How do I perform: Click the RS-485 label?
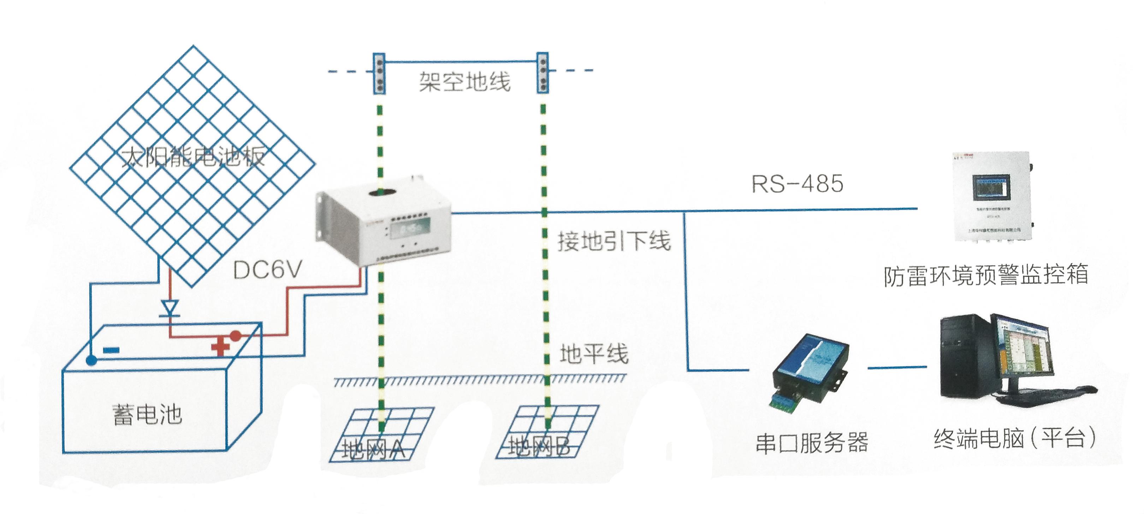(x=797, y=184)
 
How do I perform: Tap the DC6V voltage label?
(x=267, y=270)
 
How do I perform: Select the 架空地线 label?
(x=464, y=82)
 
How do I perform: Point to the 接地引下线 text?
(x=614, y=242)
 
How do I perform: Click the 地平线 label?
(x=594, y=354)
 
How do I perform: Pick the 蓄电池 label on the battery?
(x=147, y=414)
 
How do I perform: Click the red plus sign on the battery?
(x=220, y=347)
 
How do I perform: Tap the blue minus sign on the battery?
(x=111, y=350)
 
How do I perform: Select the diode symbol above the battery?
(x=170, y=308)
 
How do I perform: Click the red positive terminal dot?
(x=235, y=336)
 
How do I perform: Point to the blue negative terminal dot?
(x=91, y=360)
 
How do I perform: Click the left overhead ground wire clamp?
(x=379, y=74)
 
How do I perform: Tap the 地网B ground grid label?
(x=539, y=447)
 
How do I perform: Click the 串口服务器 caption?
(x=811, y=443)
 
